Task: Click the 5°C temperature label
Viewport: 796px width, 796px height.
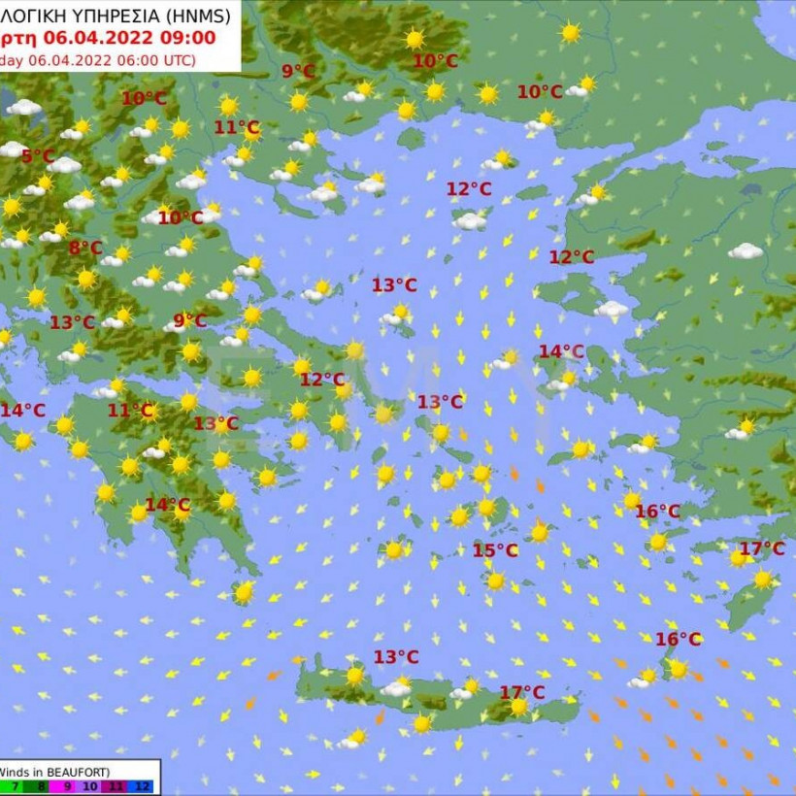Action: tap(38, 156)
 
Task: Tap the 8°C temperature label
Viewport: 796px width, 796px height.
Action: tap(84, 248)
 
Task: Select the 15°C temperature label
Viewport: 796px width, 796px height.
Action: tap(495, 550)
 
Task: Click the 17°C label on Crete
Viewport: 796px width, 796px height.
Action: tap(522, 692)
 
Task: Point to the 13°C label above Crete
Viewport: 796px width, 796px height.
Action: tap(396, 657)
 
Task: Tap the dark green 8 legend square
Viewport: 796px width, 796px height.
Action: tap(42, 786)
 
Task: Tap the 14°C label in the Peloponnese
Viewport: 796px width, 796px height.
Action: tap(167, 505)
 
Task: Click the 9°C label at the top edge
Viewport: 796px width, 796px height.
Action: tap(298, 71)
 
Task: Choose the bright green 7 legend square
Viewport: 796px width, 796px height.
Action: tap(16, 786)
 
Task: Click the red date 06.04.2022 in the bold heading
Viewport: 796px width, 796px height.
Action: tap(93, 38)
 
